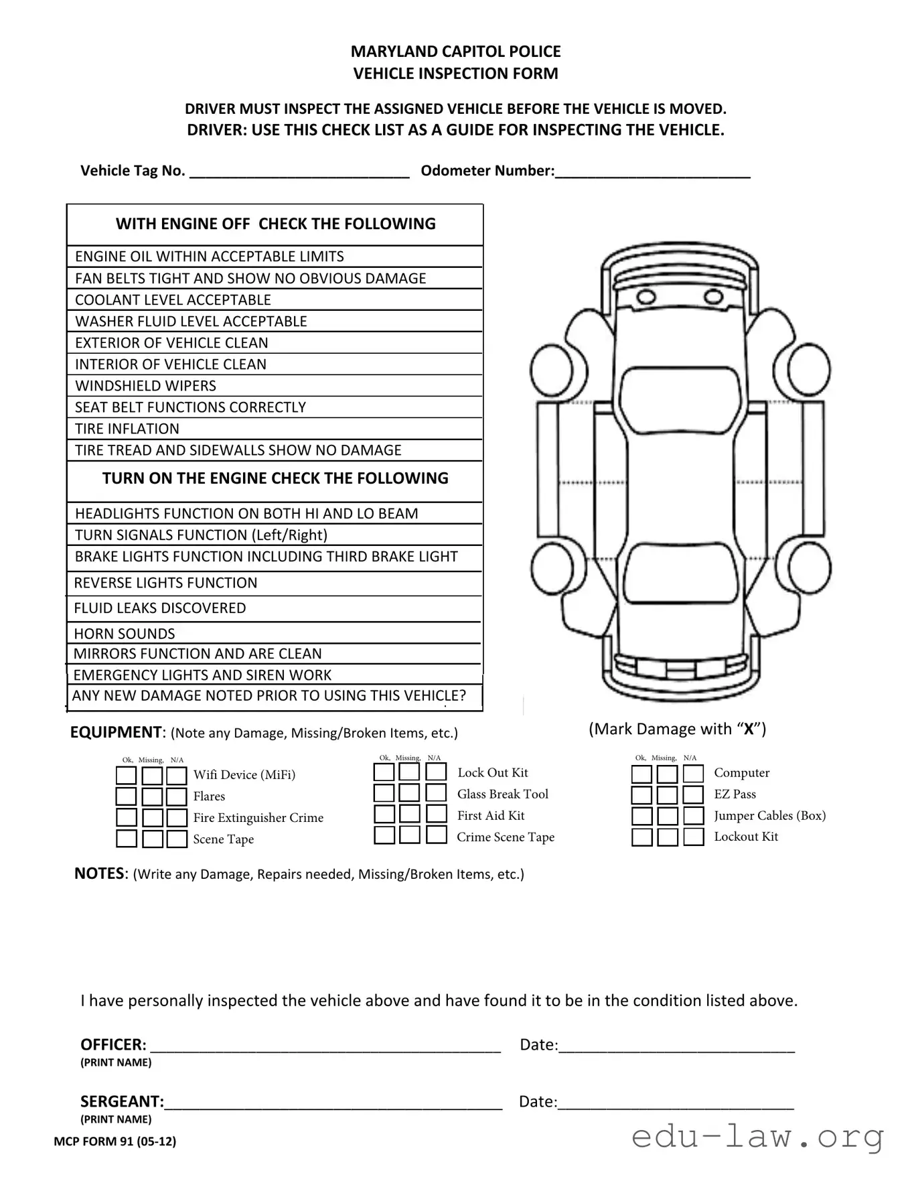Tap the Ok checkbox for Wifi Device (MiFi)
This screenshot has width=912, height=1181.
[126, 775]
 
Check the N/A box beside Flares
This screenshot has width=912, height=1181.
[177, 796]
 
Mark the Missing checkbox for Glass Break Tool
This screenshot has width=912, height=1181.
[409, 793]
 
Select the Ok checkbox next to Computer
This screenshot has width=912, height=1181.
[641, 774]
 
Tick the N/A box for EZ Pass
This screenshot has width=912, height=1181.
[694, 794]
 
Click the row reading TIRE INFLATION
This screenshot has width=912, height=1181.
[275, 429]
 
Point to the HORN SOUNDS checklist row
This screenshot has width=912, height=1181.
[275, 633]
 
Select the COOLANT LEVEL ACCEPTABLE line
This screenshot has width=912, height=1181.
[275, 299]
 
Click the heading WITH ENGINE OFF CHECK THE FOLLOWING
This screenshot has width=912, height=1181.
[275, 224]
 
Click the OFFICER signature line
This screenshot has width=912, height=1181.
[325, 1047]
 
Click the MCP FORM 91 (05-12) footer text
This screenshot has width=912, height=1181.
[115, 1141]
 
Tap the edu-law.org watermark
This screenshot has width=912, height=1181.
[757, 1137]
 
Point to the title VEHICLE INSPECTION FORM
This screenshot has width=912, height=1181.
[455, 74]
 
